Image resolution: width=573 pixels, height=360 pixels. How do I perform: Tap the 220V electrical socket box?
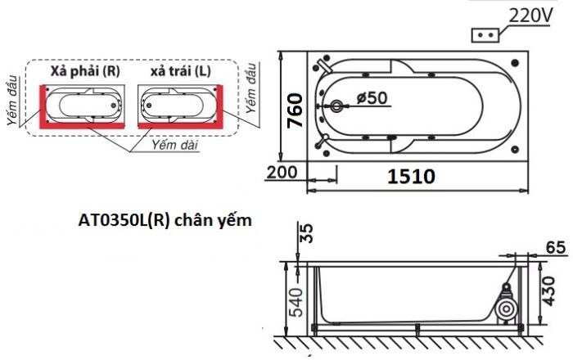pos(484,36)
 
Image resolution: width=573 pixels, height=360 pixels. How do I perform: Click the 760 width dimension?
pos(296,110)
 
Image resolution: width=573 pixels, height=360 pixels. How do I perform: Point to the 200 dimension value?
pos(280,173)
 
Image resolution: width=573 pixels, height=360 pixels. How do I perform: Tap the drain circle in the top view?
pos(337,106)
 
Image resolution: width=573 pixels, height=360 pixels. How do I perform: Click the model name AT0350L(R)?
pos(124,220)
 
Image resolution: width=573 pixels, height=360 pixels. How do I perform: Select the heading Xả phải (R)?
pos(85,71)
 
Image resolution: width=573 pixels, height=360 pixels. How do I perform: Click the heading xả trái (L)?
pos(180,71)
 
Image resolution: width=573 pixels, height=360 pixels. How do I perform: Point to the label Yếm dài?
pos(174,145)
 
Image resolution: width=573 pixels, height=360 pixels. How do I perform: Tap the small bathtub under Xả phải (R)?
pos(86,104)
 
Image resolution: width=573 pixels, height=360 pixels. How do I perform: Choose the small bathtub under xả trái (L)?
pos(179,104)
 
